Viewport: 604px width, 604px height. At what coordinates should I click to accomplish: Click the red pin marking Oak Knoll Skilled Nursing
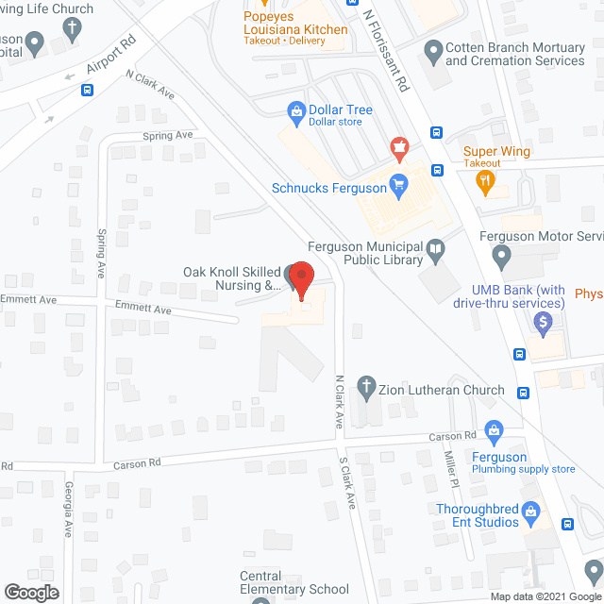300,277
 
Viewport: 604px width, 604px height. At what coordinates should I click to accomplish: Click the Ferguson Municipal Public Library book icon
435,250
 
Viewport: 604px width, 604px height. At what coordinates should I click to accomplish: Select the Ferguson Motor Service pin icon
502,255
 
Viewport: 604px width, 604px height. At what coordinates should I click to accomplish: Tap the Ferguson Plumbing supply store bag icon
492,431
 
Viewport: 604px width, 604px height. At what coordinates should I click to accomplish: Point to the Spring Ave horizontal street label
167,136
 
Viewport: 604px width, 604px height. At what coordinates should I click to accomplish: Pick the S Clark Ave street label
346,484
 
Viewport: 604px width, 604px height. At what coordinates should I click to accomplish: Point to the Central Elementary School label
294,582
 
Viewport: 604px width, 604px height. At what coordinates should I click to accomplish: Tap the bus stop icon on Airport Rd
87,92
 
